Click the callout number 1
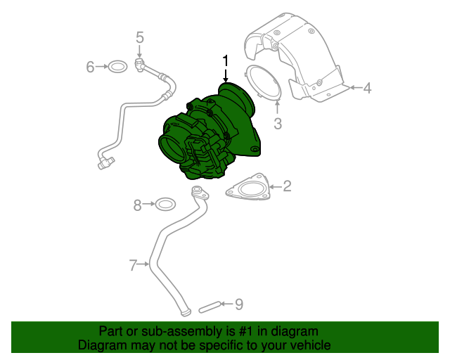[226, 60]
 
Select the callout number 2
[287, 186]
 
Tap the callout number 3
[278, 124]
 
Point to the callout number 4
[366, 88]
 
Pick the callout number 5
[139, 37]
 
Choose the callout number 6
[90, 67]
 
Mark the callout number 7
[133, 264]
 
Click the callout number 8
[138, 205]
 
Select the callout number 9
[239, 304]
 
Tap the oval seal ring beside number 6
[118, 67]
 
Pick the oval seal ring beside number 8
[165, 205]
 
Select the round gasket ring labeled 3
[263, 83]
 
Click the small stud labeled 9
[209, 307]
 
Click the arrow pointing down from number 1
[226, 77]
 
